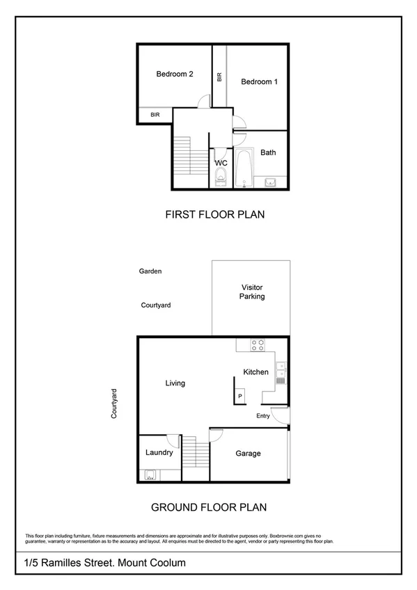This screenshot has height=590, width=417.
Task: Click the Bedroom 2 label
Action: [x=175, y=74]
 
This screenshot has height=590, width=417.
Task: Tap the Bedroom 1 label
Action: [x=259, y=82]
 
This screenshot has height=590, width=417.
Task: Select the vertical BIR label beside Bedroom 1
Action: [x=219, y=77]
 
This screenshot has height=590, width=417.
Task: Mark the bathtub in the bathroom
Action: [x=244, y=168]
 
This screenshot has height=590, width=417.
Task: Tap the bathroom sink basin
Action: [x=270, y=183]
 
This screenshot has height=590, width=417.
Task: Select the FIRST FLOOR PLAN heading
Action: [x=214, y=215]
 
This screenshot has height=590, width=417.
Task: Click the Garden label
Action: [x=150, y=271]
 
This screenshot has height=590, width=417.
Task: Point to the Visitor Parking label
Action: [x=252, y=292]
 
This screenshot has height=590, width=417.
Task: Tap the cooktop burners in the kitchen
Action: [x=258, y=343]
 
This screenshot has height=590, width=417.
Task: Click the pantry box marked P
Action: [x=240, y=396]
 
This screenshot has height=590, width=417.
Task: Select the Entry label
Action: [x=263, y=417]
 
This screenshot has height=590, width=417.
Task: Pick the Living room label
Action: [x=175, y=383]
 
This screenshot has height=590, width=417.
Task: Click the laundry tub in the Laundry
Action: [x=150, y=476]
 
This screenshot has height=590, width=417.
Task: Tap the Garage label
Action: [x=248, y=454]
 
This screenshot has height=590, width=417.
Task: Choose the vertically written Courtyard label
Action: [x=114, y=404]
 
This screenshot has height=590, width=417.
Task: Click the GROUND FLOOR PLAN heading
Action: [x=209, y=507]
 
